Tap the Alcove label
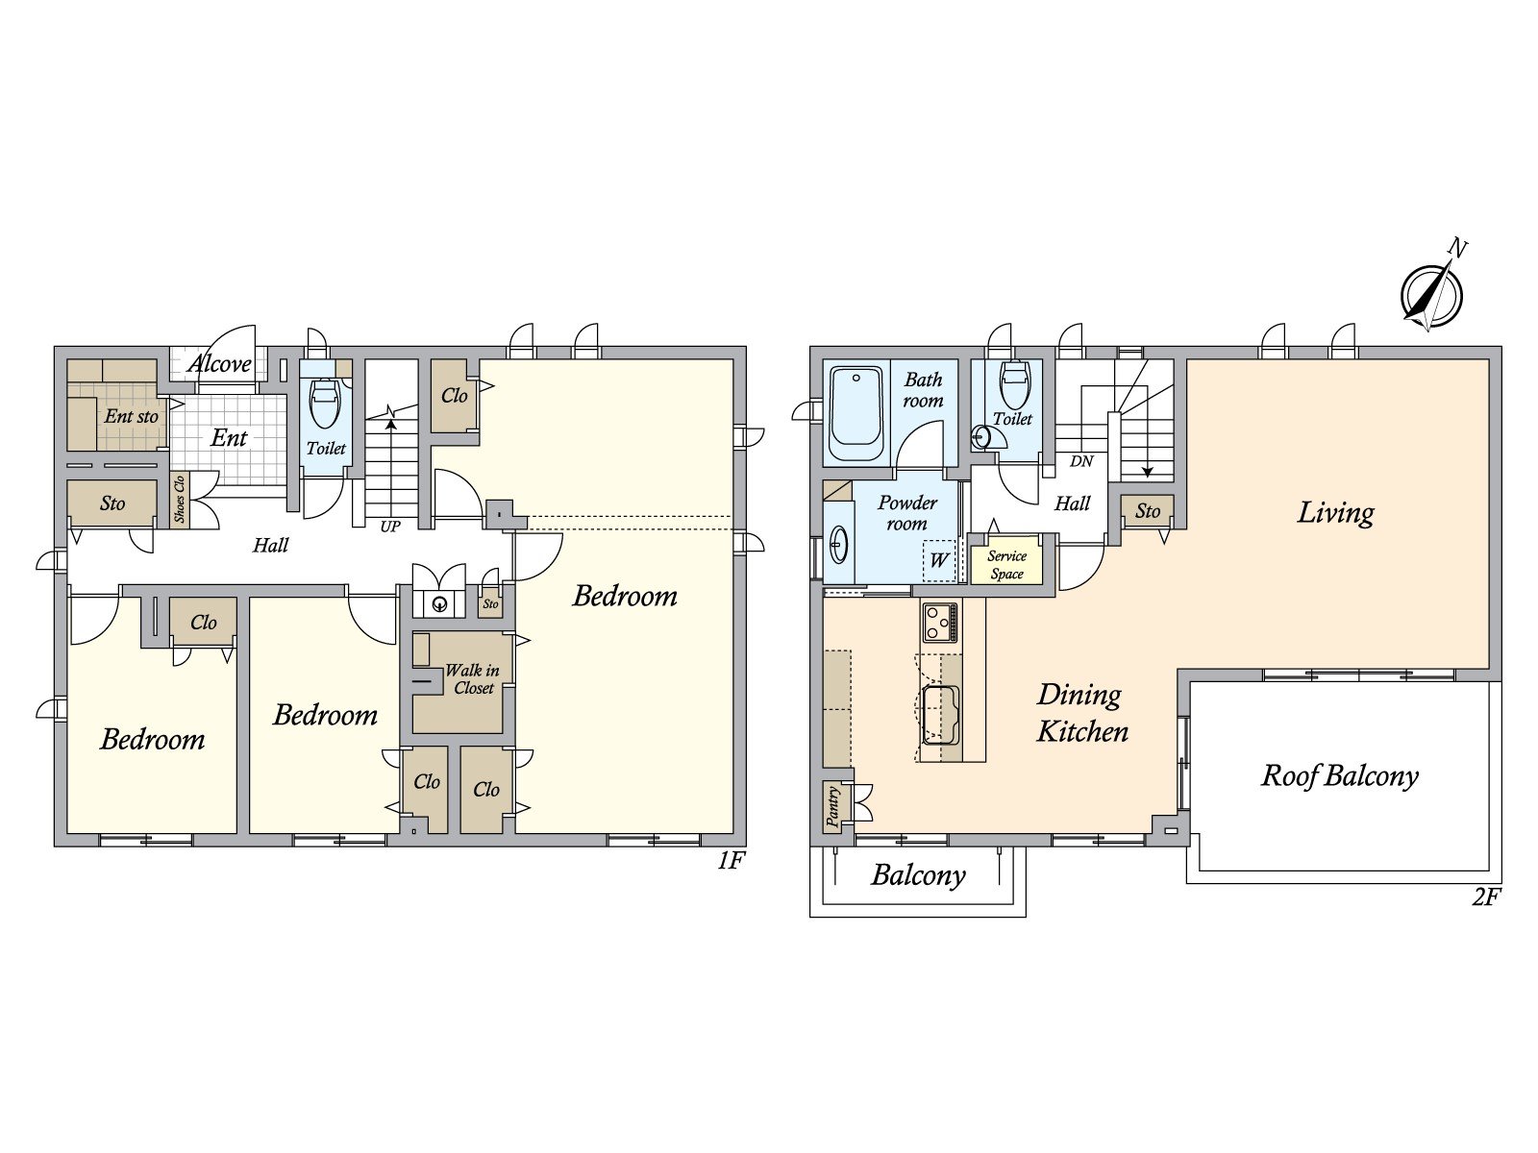pyautogui.click(x=219, y=363)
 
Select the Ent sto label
pyautogui.click(x=131, y=416)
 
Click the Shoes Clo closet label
pyautogui.click(x=180, y=499)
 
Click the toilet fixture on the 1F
pyautogui.click(x=324, y=404)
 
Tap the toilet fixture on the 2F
pyautogui.click(x=1015, y=385)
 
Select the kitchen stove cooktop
pyautogui.click(x=939, y=622)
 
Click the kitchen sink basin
pyautogui.click(x=939, y=715)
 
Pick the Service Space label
pyautogui.click(x=1006, y=565)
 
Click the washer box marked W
pyautogui.click(x=939, y=560)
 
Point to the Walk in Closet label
pyautogui.click(x=473, y=679)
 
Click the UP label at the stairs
pyautogui.click(x=390, y=527)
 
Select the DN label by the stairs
pyautogui.click(x=1081, y=461)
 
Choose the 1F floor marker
pyautogui.click(x=731, y=860)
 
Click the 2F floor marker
pyautogui.click(x=1485, y=896)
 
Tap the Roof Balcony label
pyautogui.click(x=1340, y=775)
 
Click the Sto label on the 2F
pyautogui.click(x=1147, y=511)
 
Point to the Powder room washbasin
pyautogui.click(x=838, y=545)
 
